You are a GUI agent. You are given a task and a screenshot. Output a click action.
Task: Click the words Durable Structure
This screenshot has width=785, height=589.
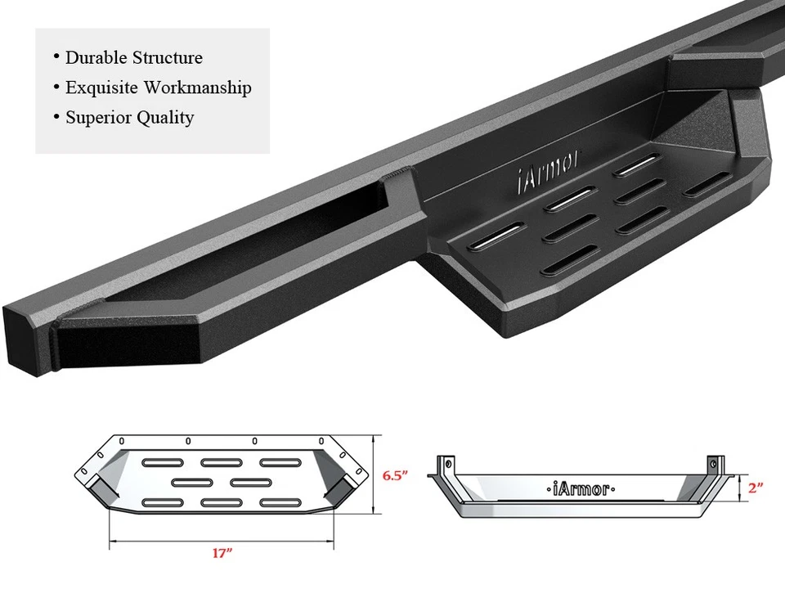(133, 58)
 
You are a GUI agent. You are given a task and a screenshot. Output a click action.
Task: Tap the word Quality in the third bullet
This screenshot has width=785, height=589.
(165, 118)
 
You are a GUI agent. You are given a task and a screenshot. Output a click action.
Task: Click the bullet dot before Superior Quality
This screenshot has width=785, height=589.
(56, 116)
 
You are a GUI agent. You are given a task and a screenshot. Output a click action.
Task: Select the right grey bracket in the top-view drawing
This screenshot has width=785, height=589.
(335, 490)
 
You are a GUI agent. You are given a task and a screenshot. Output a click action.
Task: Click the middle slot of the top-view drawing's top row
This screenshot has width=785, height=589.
(217, 463)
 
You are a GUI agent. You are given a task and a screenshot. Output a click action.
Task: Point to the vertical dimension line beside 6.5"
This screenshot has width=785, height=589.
(374, 474)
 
